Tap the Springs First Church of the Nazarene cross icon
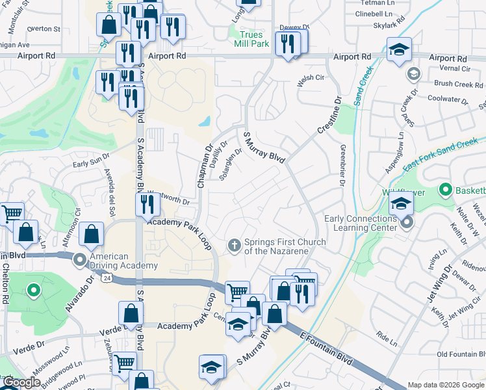coord(235,245)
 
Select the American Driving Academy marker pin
coord(80,261)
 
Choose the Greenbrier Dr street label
coord(341,165)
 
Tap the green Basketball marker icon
coord(445,190)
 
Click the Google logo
coord(21,383)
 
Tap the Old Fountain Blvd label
coord(461,354)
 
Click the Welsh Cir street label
coord(310,77)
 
